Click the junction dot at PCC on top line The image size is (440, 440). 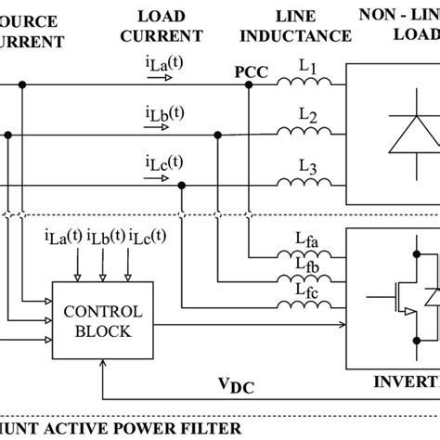tap(250, 86)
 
